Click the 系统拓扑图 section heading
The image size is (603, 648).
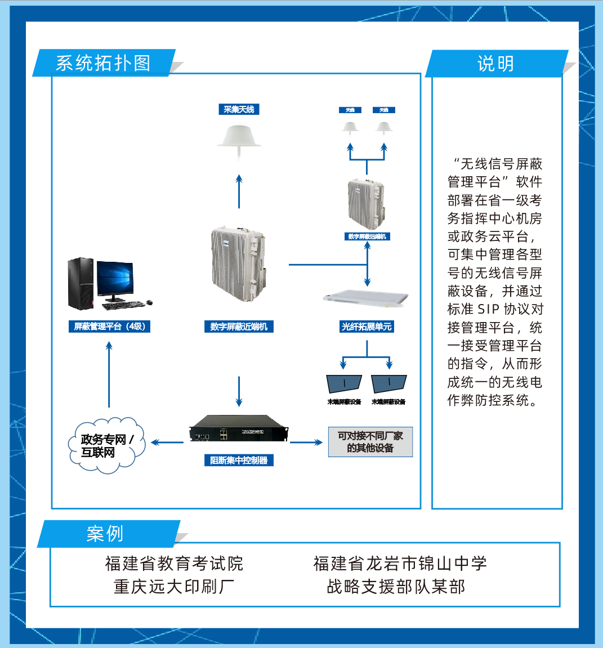[103, 63]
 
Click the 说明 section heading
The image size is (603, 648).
[495, 64]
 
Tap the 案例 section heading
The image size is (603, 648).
[105, 534]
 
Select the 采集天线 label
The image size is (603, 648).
[239, 110]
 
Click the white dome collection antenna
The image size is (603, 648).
[239, 137]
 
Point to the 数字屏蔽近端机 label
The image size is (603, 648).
[239, 327]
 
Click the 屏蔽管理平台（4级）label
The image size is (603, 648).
[109, 327]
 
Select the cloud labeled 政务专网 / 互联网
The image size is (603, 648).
[106, 445]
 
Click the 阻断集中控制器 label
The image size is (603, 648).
[239, 461]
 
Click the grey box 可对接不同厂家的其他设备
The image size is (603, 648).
[370, 442]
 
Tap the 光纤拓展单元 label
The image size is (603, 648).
[367, 327]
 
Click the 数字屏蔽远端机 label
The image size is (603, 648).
[367, 236]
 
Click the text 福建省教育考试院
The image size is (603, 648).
[174, 564]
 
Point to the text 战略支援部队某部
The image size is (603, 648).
[396, 587]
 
